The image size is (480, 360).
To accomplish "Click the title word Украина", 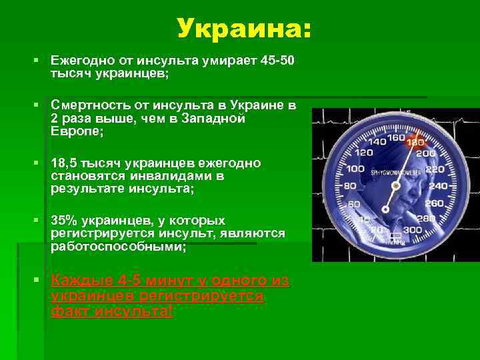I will tap(243, 29).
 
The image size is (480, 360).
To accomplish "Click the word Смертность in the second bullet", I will tap(86, 105).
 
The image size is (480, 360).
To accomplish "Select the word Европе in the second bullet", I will tap(76, 132).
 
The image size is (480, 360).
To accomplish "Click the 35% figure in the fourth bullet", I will tap(64, 220).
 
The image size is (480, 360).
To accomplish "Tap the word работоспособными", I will tap(118, 247).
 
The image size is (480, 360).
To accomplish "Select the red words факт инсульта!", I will tap(112, 311).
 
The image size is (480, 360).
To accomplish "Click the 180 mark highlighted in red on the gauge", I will tap(415, 143).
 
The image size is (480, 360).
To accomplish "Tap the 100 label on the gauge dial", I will tap(355, 169).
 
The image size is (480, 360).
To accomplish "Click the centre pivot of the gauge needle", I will tap(396, 185).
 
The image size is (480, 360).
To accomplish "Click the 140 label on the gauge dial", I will tap(377, 142).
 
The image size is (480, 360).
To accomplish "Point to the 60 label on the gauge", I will tap(354, 204).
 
